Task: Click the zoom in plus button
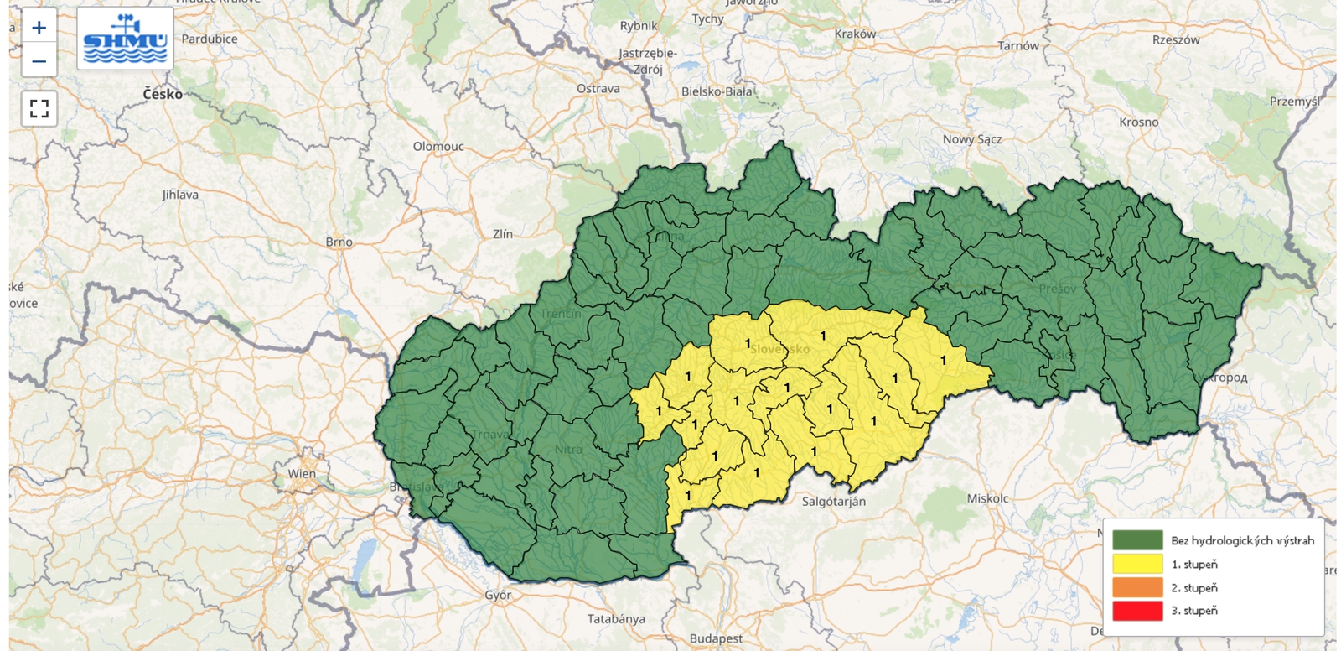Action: click(x=39, y=28)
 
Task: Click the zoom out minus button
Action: click(x=39, y=60)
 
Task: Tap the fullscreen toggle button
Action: click(x=39, y=108)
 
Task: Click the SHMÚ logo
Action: click(x=126, y=39)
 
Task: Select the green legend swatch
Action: click(x=1137, y=540)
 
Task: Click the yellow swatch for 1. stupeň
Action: click(x=1137, y=564)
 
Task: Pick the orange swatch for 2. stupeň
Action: click(x=1137, y=587)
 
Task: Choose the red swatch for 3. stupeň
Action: click(x=1137, y=611)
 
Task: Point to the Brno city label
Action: click(x=339, y=242)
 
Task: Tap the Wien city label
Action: click(x=302, y=473)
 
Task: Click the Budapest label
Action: click(x=716, y=638)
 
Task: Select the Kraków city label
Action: click(x=855, y=34)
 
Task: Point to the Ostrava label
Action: click(x=598, y=88)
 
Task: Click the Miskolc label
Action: click(x=988, y=498)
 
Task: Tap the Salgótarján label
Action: click(x=834, y=502)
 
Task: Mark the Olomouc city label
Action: click(x=438, y=146)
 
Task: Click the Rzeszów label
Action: click(x=1176, y=39)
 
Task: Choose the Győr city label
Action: click(x=498, y=595)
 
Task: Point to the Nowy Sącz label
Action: click(x=972, y=139)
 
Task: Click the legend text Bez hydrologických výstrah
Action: click(x=1242, y=540)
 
